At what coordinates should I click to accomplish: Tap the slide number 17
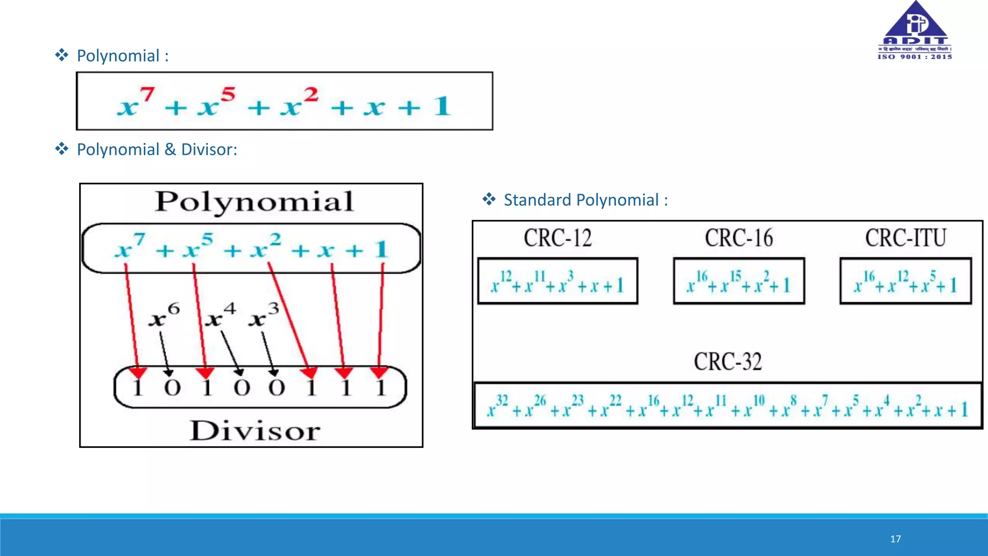[x=895, y=539]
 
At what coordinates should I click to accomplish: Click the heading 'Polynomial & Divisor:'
[x=157, y=150]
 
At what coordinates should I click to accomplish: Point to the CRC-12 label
[x=558, y=238]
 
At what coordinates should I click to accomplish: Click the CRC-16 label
[x=739, y=238]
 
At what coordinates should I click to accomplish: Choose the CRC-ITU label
[x=905, y=238]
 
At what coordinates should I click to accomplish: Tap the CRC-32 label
[x=727, y=361]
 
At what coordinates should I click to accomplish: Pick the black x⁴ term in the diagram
[x=220, y=316]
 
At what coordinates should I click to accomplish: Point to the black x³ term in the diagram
[x=263, y=316]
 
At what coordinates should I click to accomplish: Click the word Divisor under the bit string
[x=255, y=431]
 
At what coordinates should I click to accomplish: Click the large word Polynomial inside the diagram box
[x=254, y=202]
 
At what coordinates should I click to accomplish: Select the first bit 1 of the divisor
[x=137, y=388]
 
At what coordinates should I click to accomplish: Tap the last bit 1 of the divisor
[x=381, y=388]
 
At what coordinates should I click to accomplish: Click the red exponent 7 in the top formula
[x=147, y=94]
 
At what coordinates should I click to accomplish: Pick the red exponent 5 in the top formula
[x=228, y=94]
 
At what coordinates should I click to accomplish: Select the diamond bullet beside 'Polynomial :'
[x=62, y=55]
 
